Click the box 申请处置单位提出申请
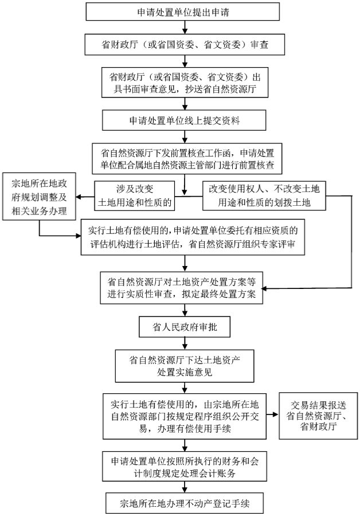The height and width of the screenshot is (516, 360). pyautogui.click(x=183, y=11)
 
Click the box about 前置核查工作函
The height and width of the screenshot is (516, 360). pyautogui.click(x=183, y=159)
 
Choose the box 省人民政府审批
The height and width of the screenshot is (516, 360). pyautogui.click(x=183, y=327)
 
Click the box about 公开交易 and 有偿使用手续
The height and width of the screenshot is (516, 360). pyautogui.click(x=183, y=415)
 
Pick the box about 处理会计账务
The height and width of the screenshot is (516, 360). pyautogui.click(x=183, y=466)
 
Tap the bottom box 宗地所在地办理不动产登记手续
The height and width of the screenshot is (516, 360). pyautogui.click(x=183, y=503)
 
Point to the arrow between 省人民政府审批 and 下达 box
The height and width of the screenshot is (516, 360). pyautogui.click(x=183, y=344)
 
